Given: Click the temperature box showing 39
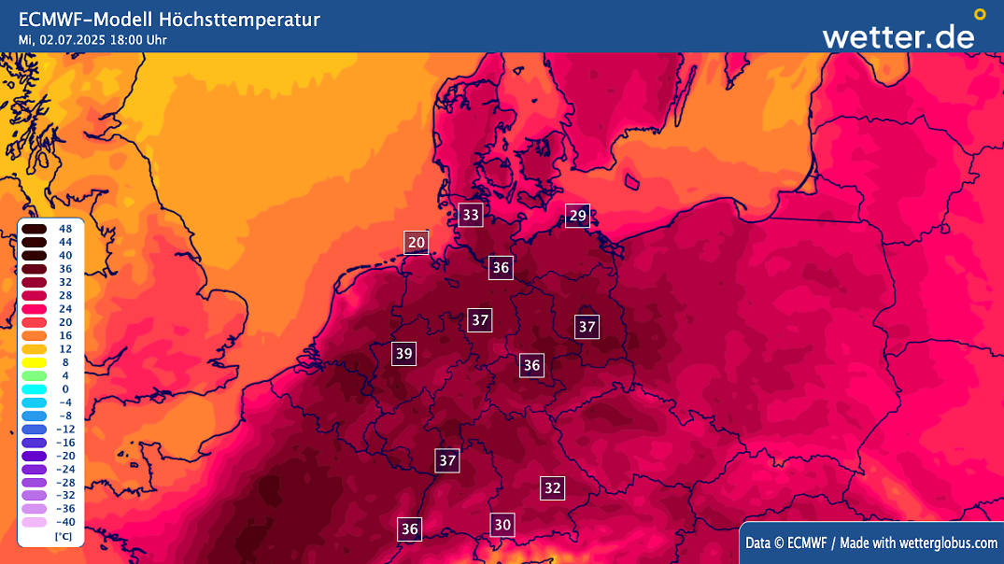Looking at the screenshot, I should pyautogui.click(x=403, y=354).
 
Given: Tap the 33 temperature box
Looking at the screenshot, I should pyautogui.click(x=471, y=216).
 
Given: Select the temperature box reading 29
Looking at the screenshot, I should pyautogui.click(x=578, y=216).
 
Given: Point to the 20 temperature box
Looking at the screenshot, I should pyautogui.click(x=417, y=243).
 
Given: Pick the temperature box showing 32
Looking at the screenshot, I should pyautogui.click(x=553, y=487).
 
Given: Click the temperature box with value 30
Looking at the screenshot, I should pyautogui.click(x=502, y=525).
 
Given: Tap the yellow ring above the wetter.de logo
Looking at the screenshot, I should pyautogui.click(x=980, y=14).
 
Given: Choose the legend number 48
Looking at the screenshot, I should pyautogui.click(x=65, y=229).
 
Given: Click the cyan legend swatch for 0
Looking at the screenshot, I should pyautogui.click(x=35, y=388).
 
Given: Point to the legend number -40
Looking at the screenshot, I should pyautogui.click(x=65, y=522).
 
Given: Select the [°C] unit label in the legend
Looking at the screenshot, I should pyautogui.click(x=64, y=537).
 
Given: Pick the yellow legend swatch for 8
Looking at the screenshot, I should pyautogui.click(x=35, y=361).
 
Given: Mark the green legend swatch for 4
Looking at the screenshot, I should pyautogui.click(x=35, y=375).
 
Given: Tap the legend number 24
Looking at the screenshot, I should pyautogui.click(x=65, y=308).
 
